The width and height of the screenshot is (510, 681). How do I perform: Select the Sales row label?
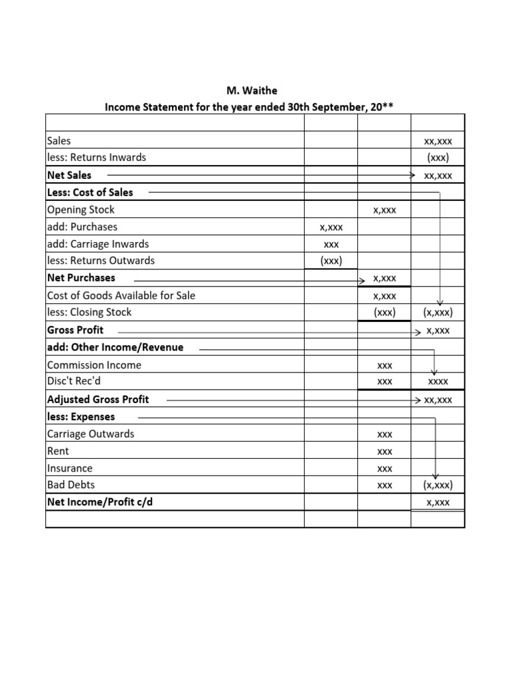click(59, 140)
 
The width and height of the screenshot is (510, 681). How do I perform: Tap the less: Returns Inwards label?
click(96, 158)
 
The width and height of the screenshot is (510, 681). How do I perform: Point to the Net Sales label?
click(69, 175)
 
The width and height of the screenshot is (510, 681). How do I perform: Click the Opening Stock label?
click(81, 209)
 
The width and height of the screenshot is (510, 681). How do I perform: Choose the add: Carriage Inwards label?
click(98, 244)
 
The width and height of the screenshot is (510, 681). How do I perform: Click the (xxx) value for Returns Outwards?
click(331, 261)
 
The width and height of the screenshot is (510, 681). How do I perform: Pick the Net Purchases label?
click(81, 278)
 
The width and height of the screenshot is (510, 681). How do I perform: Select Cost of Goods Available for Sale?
click(122, 295)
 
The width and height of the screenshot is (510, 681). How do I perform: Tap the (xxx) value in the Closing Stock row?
click(384, 313)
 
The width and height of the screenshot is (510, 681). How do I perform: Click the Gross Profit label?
click(75, 330)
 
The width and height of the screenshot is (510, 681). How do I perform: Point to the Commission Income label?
click(94, 364)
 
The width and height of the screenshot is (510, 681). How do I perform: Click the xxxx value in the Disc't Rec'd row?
click(438, 382)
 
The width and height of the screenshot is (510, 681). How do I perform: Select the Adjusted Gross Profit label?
click(98, 399)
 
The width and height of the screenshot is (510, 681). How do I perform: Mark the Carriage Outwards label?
click(90, 434)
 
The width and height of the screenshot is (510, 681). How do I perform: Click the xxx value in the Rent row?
click(384, 452)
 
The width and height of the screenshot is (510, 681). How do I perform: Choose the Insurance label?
click(70, 468)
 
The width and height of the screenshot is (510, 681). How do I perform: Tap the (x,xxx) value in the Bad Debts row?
click(438, 485)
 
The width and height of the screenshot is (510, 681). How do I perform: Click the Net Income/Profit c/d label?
click(100, 502)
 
